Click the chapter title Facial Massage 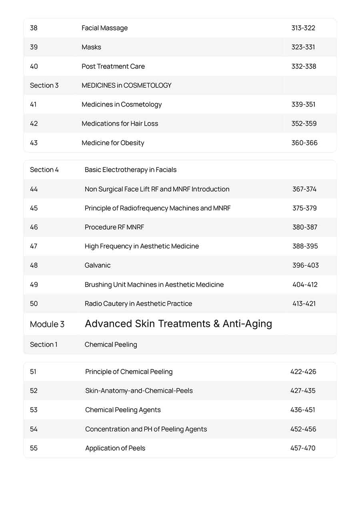click(104, 28)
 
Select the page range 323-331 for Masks click(303, 47)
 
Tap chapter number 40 click(34, 66)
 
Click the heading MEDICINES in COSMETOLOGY click(126, 85)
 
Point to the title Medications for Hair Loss click(120, 124)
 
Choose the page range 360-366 click(304, 143)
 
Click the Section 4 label click(44, 170)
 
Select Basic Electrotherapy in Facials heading click(130, 170)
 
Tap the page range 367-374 click(304, 189)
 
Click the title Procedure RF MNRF click(114, 227)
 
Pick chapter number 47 click(34, 246)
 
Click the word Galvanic click(97, 265)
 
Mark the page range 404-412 click(304, 285)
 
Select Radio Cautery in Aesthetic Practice click(138, 304)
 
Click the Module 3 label click(47, 324)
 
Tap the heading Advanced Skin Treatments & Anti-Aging click(178, 324)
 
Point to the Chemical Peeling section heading click(110, 345)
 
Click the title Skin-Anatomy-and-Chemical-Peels click(139, 391)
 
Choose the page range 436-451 click(302, 410)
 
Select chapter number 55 click(34, 448)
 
